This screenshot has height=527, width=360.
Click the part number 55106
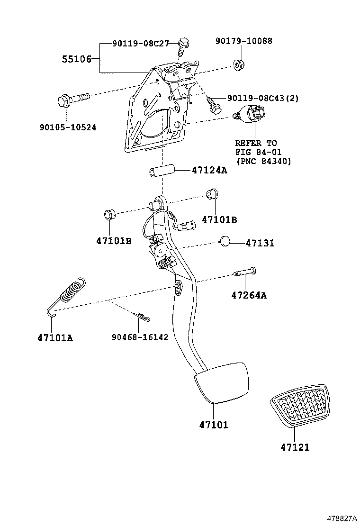[x=77, y=59]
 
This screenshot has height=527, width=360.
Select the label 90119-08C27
[x=141, y=44]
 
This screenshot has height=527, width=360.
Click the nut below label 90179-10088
[x=238, y=64]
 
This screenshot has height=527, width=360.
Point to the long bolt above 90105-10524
[x=73, y=100]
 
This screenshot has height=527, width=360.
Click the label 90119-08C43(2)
[x=263, y=98]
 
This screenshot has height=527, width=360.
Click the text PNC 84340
[x=263, y=162]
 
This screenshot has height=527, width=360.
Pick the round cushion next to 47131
[x=225, y=242]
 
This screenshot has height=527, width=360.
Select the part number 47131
[x=260, y=243]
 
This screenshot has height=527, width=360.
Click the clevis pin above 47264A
[x=245, y=272]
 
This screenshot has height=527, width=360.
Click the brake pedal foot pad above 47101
[x=221, y=382]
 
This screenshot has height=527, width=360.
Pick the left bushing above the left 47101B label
[x=109, y=215]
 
